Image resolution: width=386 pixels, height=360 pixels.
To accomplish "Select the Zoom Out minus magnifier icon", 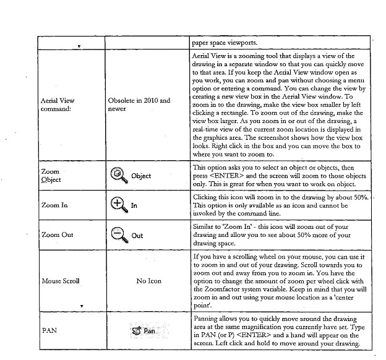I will [x=119, y=234].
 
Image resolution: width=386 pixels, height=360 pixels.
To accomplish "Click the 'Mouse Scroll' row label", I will [x=59, y=281].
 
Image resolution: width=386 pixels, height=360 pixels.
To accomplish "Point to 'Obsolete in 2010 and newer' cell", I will [x=139, y=103].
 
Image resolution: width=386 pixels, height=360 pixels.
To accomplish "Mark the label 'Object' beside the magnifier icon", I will [x=141, y=176].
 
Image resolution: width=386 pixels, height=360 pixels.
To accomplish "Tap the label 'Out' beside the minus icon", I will [x=137, y=235].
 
